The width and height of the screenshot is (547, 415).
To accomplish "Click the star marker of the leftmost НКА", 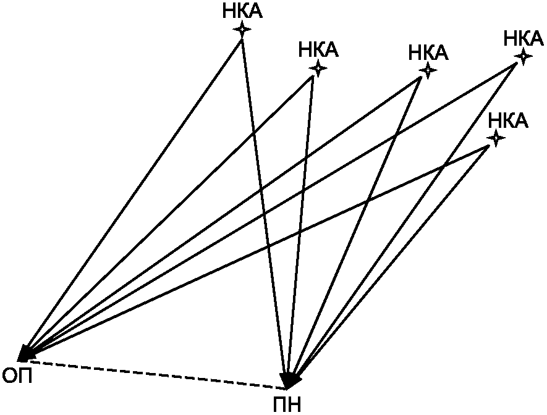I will point(242,29).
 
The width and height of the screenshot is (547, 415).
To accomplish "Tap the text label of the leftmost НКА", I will point(242,12).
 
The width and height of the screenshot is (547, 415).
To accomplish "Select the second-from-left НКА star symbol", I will point(318,68).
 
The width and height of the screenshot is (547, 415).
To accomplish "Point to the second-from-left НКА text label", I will point(318,50).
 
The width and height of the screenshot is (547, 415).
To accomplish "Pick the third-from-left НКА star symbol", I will point(427,70).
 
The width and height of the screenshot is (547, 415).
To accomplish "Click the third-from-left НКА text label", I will point(428,53).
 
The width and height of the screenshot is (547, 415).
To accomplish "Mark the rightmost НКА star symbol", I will point(524,56).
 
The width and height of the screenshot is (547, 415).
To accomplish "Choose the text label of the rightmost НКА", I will point(524,38).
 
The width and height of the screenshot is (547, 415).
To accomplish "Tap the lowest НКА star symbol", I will point(495,138).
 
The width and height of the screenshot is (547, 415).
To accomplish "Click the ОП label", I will point(17,375).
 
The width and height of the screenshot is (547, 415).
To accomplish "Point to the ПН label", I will point(287,405).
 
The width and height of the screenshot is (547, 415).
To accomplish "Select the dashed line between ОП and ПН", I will point(155,373).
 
